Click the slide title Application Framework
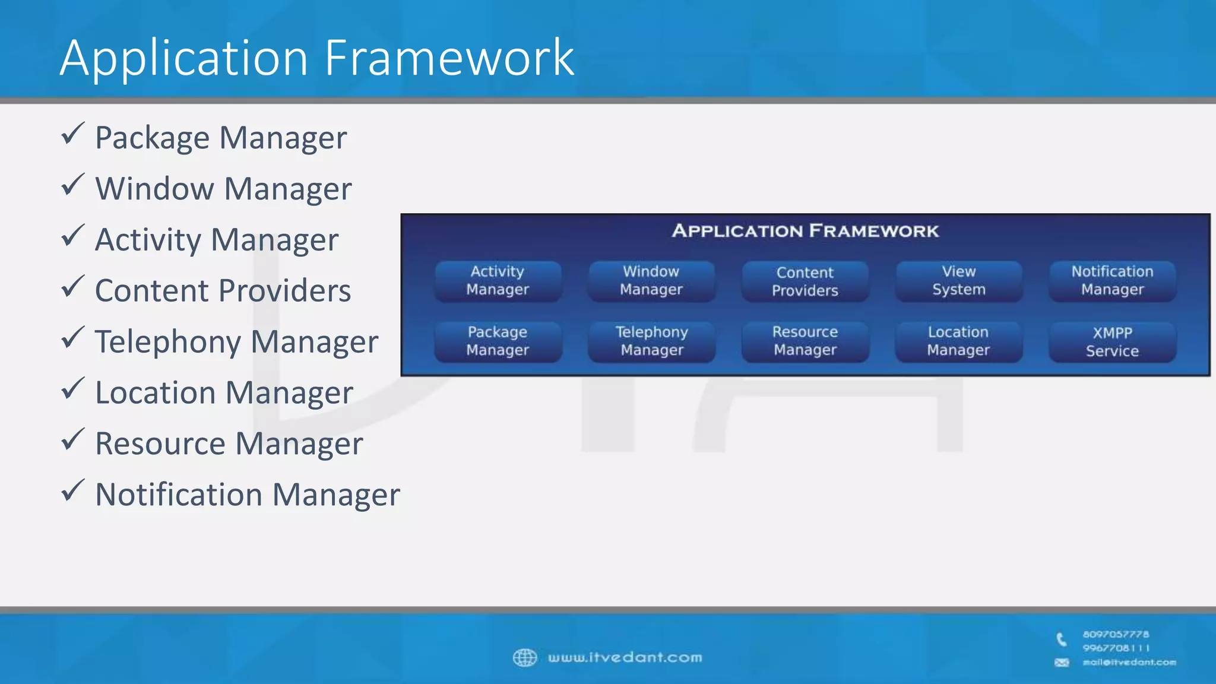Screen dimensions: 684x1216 click(x=317, y=58)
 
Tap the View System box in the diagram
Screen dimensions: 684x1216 click(x=958, y=281)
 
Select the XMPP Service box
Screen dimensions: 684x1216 click(x=1112, y=341)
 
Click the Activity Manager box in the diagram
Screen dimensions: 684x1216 click(x=498, y=281)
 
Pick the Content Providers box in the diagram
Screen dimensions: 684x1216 click(x=805, y=281)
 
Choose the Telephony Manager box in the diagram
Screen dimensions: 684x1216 click(x=651, y=341)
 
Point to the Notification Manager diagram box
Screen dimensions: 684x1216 click(x=1112, y=281)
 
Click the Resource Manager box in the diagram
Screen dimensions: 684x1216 click(x=805, y=341)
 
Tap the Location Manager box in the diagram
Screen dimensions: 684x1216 click(x=958, y=341)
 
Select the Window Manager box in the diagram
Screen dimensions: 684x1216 click(x=651, y=281)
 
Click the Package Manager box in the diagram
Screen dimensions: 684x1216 click(x=498, y=341)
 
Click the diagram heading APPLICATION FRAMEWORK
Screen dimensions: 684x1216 click(x=805, y=231)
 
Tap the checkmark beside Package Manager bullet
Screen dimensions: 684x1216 click(x=72, y=134)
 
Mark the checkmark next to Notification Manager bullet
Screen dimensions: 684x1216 click(x=72, y=491)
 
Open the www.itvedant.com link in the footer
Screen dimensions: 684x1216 click(x=625, y=657)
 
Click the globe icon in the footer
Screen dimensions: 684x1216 click(x=524, y=657)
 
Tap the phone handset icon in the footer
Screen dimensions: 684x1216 click(x=1062, y=639)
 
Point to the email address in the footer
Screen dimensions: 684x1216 click(x=1129, y=662)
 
